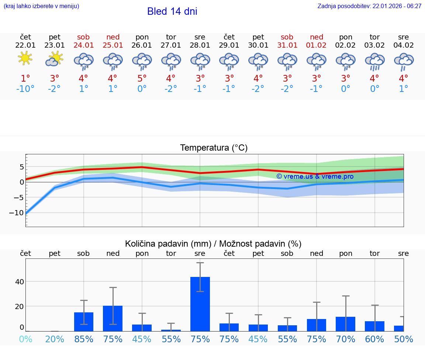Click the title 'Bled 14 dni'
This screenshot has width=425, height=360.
(x=172, y=11)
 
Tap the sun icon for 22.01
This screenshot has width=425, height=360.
(x=25, y=58)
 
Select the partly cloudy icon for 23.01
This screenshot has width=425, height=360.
(x=54, y=59)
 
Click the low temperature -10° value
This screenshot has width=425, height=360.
(x=25, y=89)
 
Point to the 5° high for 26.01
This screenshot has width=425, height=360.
(x=142, y=78)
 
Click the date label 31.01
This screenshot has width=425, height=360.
(x=287, y=45)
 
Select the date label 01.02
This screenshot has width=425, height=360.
(x=316, y=45)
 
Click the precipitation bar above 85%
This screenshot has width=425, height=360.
(x=84, y=322)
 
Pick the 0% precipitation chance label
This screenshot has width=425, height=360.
(x=25, y=339)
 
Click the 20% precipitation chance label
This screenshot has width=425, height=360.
(x=54, y=339)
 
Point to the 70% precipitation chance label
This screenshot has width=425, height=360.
(x=345, y=339)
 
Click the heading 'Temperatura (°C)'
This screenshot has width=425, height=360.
(x=214, y=148)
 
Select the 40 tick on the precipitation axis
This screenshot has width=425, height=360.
(x=19, y=282)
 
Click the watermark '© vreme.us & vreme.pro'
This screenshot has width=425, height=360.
(x=315, y=176)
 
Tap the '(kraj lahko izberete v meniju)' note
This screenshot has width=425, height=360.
(x=41, y=6)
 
